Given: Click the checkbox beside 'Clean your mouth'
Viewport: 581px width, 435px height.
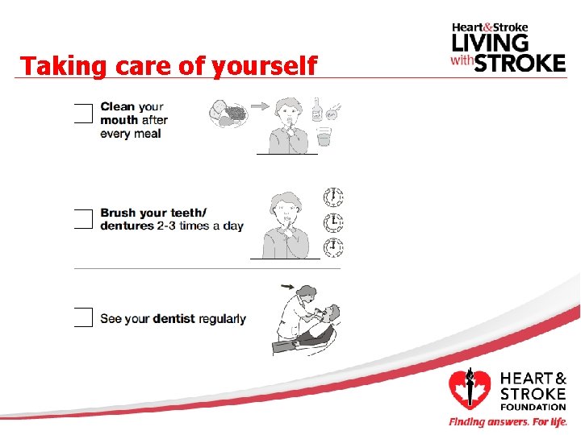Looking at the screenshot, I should tap(83, 114).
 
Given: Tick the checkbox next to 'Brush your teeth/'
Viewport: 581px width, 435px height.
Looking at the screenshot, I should tap(83, 218).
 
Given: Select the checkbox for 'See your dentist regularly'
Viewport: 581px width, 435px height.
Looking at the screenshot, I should tap(83, 317).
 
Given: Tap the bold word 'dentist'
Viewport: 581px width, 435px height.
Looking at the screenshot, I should tap(174, 319).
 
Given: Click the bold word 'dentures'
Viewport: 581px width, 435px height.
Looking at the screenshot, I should tap(125, 226).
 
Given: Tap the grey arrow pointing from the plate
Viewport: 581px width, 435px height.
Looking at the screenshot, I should tap(259, 105).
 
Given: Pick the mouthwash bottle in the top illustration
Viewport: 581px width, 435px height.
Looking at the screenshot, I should tap(316, 110).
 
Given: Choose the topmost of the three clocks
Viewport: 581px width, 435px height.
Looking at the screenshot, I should tap(332, 197).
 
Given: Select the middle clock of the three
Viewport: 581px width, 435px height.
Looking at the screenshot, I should tap(332, 222).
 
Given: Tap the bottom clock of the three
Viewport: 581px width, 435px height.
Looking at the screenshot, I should tap(332, 246).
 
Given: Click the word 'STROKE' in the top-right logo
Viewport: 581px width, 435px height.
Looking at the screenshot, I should tap(519, 62).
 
